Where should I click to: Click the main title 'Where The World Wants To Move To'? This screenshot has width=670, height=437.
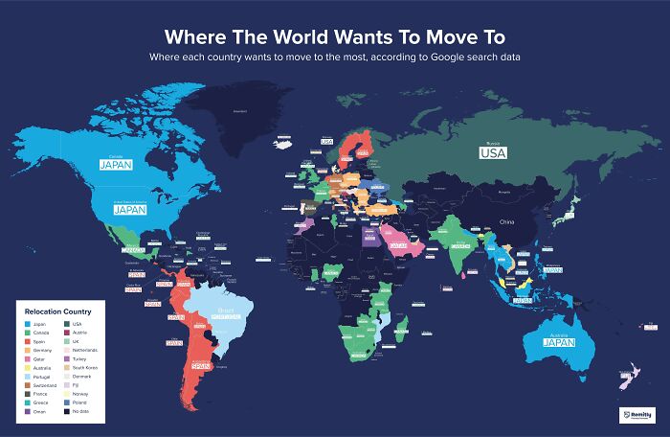coord(335,37)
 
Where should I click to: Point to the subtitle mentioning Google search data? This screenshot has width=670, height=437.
coord(335,58)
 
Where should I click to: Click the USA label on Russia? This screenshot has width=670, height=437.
coord(494,152)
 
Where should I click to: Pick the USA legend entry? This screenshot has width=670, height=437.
coord(78,325)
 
